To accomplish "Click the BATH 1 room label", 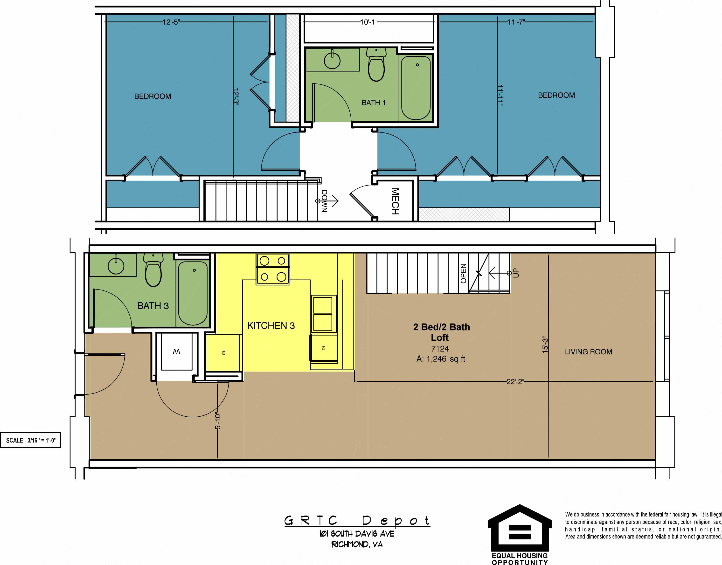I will pos(373,103).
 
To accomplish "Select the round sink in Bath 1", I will pos(332,61).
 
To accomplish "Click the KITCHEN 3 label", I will pos(271,326).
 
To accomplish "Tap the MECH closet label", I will pos(395,201).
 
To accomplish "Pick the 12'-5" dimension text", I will pos(171,22).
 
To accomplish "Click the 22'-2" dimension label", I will pos(515,382).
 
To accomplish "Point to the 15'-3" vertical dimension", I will pos(545,345).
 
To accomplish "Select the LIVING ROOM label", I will pos(588,352).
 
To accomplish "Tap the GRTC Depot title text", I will pos(357,521).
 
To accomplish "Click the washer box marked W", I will pos(176,352).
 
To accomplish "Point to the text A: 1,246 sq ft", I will pos(440,359).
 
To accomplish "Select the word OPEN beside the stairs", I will pos(463,273).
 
